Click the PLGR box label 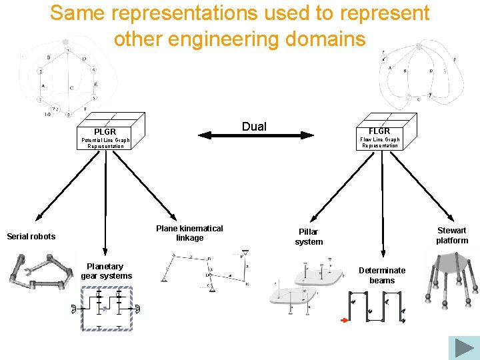105,131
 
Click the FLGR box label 379,131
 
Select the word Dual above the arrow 254,127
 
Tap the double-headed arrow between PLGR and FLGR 256,135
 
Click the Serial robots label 31,236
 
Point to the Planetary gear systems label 106,271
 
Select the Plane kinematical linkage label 189,233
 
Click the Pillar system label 309,237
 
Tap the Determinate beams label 382,275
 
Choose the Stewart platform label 452,235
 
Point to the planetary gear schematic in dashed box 107,308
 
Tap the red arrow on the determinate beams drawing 344,321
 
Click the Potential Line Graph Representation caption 105,143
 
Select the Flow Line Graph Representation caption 380,142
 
